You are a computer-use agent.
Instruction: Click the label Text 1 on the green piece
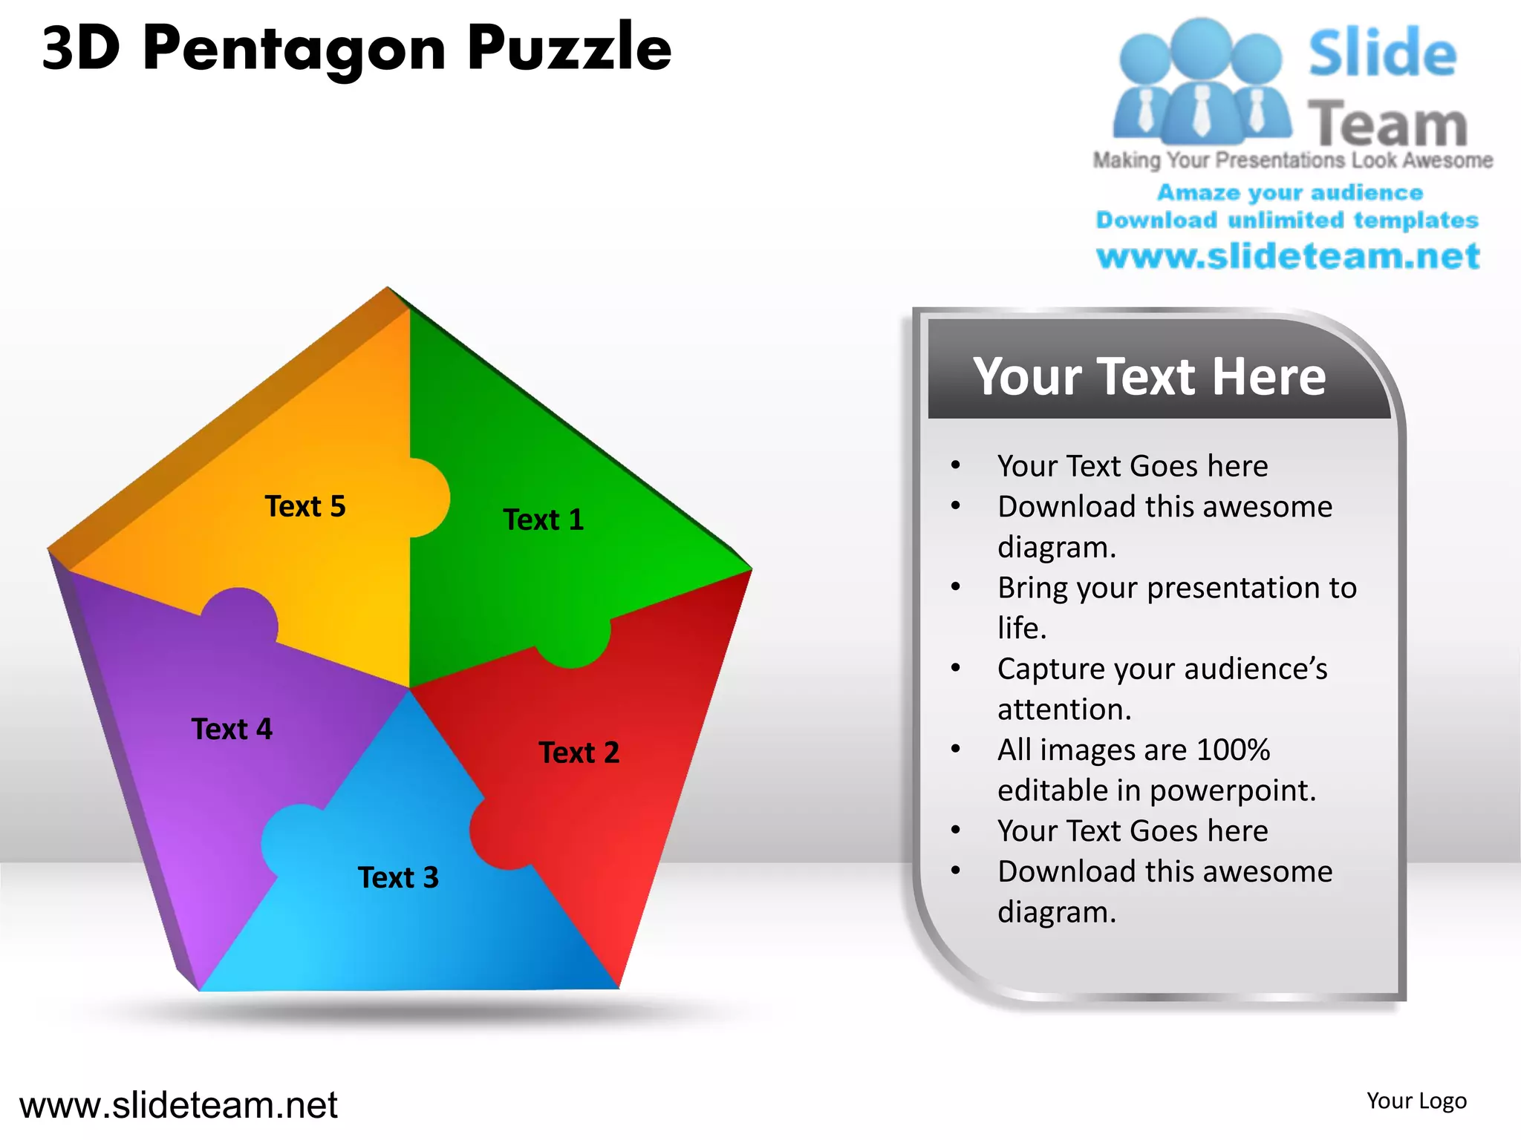(544, 520)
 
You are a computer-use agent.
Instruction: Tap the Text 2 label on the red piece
(579, 753)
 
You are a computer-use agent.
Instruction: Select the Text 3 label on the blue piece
(398, 877)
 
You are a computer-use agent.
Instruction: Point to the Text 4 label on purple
(232, 729)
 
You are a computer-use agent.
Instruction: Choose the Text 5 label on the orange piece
(305, 506)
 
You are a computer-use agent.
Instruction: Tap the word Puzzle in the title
(569, 49)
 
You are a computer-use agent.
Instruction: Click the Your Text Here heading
(1149, 376)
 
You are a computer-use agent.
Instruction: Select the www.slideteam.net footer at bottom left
(178, 1104)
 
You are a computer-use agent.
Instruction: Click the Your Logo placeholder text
(1416, 1101)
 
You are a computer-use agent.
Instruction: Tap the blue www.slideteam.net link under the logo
(1288, 256)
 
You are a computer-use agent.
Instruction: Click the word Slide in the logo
(1382, 53)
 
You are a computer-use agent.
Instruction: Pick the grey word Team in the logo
(1387, 124)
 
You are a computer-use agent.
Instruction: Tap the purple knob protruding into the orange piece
(239, 616)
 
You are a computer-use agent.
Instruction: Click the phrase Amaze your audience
(1290, 192)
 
